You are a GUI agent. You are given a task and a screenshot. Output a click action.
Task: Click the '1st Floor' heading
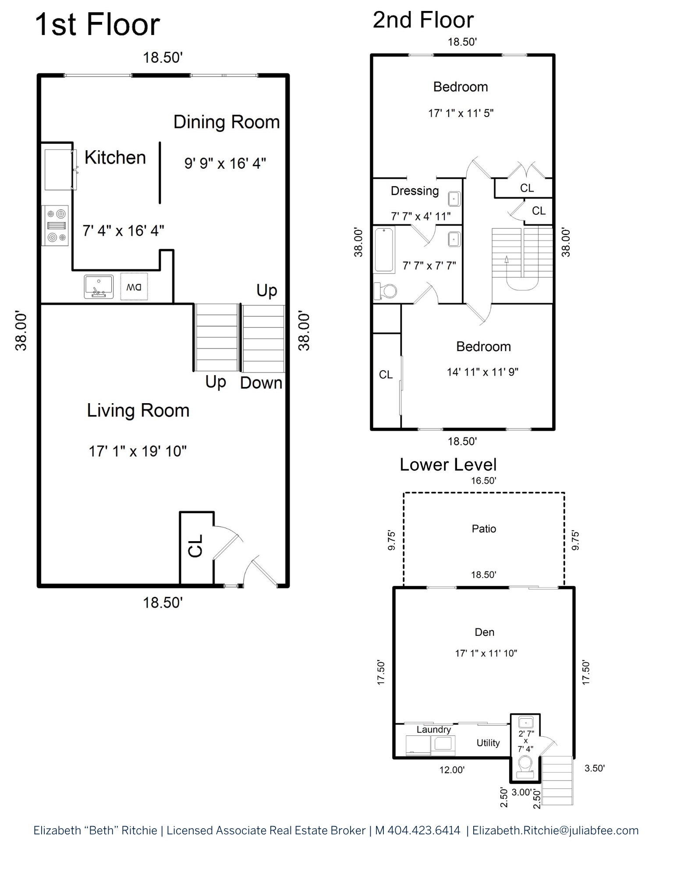97,25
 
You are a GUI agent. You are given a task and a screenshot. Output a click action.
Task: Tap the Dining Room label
227,122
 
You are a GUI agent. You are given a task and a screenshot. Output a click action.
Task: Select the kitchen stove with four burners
55,226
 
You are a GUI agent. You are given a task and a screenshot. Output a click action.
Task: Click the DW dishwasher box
134,287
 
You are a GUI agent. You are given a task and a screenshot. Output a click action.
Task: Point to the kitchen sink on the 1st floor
99,287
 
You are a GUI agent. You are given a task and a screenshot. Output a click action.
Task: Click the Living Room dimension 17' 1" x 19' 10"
138,451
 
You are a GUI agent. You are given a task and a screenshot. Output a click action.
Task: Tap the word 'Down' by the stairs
261,383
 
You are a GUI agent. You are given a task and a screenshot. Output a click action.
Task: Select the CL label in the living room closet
195,546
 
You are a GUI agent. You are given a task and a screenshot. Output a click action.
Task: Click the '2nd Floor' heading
423,20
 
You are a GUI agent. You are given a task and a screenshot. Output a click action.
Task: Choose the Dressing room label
415,191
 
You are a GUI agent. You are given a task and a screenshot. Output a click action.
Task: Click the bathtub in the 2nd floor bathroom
384,249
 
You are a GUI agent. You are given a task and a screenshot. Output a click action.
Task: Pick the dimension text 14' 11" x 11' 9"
482,372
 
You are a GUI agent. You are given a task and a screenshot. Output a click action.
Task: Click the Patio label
484,528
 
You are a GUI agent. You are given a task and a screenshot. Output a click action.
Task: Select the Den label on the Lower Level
484,632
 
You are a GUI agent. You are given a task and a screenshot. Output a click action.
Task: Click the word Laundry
433,729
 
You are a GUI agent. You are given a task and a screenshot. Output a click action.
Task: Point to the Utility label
488,742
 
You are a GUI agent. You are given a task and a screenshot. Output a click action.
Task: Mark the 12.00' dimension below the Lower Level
452,770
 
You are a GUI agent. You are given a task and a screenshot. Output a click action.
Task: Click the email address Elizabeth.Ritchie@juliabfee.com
555,830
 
